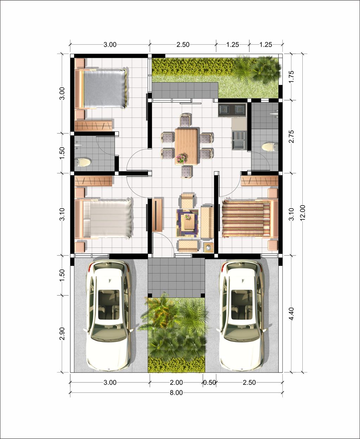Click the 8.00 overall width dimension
[x=176, y=393]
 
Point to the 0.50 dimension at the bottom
[x=210, y=383]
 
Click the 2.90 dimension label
[x=62, y=334]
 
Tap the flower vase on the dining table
[x=181, y=158]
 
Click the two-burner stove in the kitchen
[x=232, y=110]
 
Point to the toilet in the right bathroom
[x=270, y=147]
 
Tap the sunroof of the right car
[x=242, y=304]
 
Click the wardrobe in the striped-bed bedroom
[x=259, y=181]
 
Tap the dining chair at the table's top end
[x=185, y=120]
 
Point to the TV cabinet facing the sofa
[x=157, y=215]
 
